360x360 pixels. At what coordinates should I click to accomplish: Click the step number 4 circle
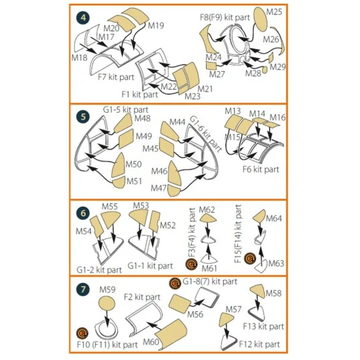[x=83, y=18]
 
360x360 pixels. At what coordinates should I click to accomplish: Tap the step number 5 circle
[x=83, y=117]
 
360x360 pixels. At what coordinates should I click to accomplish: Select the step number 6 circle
[x=83, y=213]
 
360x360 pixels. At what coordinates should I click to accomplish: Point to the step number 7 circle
[x=83, y=289]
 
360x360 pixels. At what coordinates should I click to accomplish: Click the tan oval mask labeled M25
[x=261, y=19]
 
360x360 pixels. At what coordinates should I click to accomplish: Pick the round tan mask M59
[x=107, y=303]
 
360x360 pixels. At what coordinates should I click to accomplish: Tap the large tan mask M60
[x=171, y=334]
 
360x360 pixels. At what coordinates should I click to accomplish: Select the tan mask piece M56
[x=180, y=303]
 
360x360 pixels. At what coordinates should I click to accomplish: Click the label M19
[x=156, y=25]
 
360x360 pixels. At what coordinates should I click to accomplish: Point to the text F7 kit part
[x=116, y=77]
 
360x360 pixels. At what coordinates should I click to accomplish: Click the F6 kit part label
[x=261, y=169]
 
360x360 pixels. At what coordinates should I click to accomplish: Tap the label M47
[x=159, y=188]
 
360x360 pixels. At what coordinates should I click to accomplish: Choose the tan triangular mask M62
[x=208, y=218]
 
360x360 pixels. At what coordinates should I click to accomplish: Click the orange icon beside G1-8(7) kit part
[x=175, y=283]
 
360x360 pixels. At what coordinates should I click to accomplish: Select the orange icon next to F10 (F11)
[x=83, y=333]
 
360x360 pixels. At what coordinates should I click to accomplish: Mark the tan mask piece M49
[x=126, y=139]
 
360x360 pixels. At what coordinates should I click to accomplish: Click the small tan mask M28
[x=265, y=70]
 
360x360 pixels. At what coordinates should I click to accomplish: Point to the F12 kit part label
[x=259, y=344]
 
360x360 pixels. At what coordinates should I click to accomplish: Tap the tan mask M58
[x=257, y=291]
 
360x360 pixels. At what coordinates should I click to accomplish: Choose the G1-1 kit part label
[x=150, y=266]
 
